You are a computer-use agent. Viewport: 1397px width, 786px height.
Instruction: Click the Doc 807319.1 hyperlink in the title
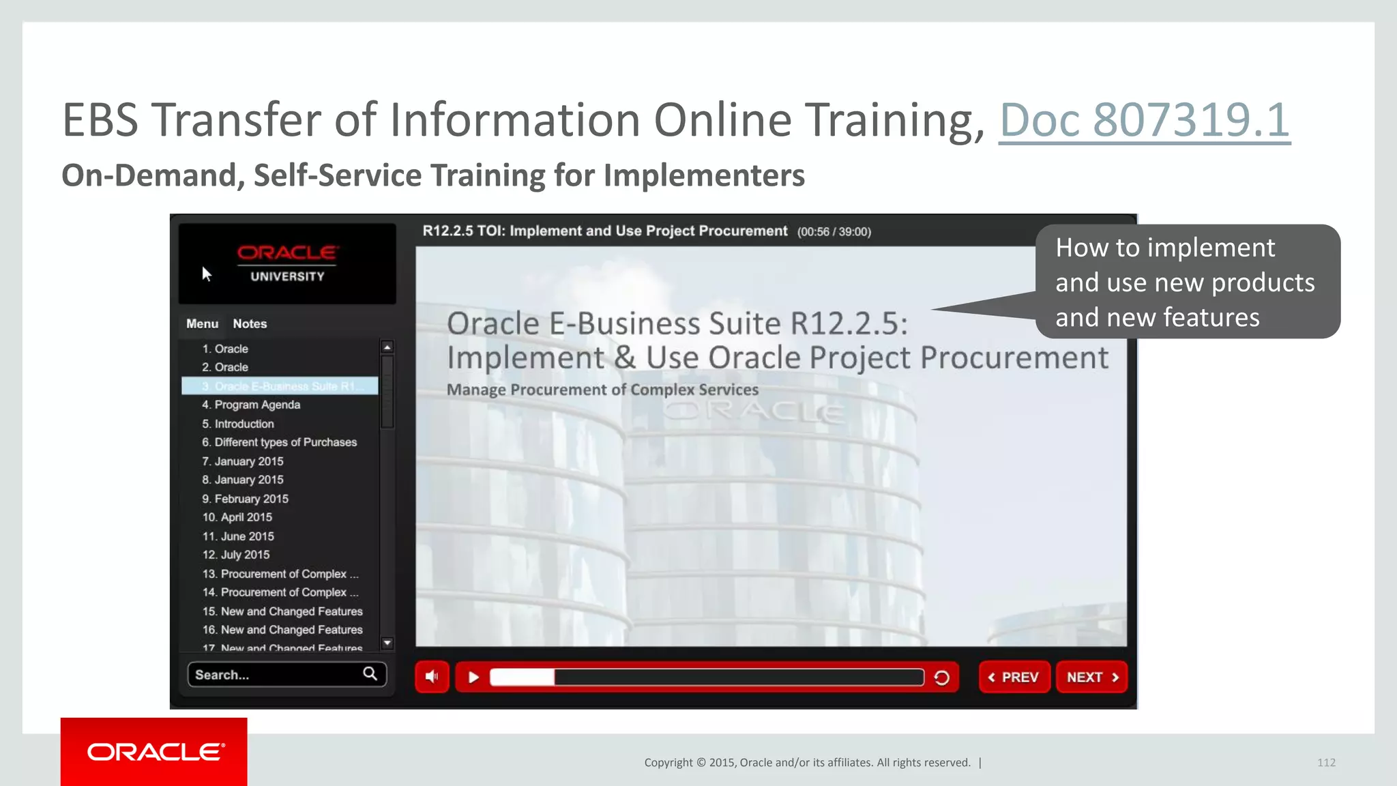[x=1144, y=120]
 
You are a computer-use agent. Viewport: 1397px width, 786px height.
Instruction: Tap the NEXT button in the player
[x=1091, y=677]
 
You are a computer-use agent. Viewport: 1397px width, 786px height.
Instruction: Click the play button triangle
[x=473, y=677]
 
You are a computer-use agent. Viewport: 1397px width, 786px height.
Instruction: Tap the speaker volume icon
[x=432, y=677]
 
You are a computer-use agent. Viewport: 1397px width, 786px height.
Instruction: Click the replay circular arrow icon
[x=941, y=678]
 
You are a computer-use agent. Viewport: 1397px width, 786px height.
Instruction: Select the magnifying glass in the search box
[x=370, y=674]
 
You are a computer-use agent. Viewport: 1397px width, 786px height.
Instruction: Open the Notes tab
[x=250, y=323]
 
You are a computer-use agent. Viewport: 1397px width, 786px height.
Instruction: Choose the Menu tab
[x=202, y=323]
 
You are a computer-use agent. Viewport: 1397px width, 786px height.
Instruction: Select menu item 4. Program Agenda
[x=251, y=405]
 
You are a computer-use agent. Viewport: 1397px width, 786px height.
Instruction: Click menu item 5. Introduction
[x=238, y=424]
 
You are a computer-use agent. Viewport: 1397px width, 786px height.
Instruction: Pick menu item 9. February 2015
[x=246, y=499]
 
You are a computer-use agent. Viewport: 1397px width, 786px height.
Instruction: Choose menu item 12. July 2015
[x=236, y=555]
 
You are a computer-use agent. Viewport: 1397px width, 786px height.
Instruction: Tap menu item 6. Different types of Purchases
[x=280, y=442]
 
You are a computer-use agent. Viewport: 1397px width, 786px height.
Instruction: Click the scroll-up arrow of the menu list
[x=387, y=347]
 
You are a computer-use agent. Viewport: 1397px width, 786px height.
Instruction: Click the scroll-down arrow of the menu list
[x=387, y=643]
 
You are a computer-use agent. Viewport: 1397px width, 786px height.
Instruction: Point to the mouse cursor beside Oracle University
[x=206, y=274]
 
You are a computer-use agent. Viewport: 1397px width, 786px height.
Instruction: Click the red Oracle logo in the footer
[x=154, y=752]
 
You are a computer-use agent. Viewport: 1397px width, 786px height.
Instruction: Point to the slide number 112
[x=1326, y=763]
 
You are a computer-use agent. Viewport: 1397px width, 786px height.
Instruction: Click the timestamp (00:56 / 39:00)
[x=834, y=232]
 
